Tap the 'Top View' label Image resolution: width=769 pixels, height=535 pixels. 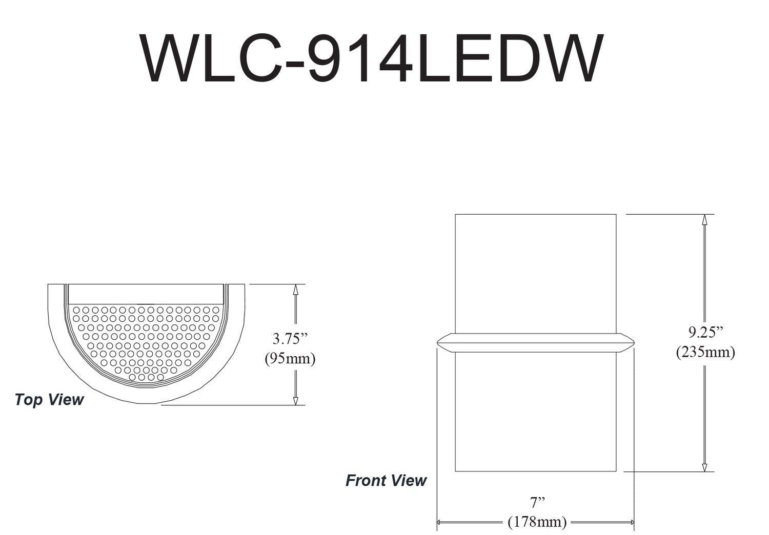(x=49, y=400)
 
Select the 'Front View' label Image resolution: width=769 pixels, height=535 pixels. (x=386, y=481)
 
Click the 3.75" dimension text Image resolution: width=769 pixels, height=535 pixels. (x=290, y=339)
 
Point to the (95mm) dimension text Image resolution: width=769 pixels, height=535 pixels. (x=290, y=358)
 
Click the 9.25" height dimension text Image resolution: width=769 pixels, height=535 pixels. (x=705, y=332)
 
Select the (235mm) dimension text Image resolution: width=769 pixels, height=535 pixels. (x=705, y=352)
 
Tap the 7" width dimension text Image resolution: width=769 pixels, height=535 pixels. (x=537, y=502)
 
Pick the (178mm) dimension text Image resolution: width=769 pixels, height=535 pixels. (x=537, y=522)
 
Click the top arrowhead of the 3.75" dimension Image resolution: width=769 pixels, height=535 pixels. (x=295, y=289)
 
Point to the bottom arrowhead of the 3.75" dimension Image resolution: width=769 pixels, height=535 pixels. (x=295, y=400)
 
